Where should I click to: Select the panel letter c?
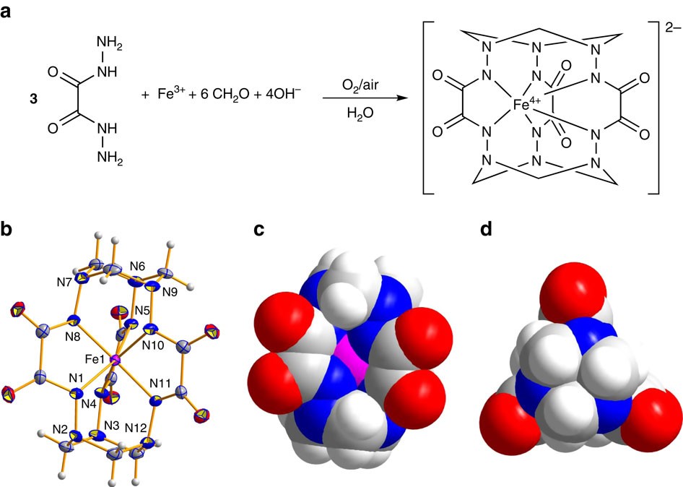[x=261, y=230]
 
